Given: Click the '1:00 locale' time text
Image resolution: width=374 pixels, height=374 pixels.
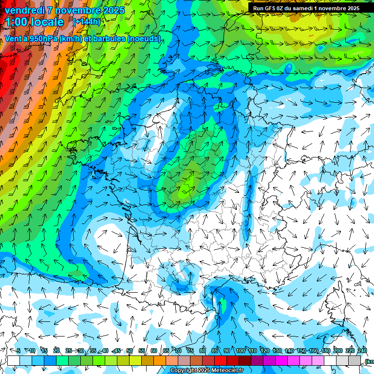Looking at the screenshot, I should click(x=34, y=22).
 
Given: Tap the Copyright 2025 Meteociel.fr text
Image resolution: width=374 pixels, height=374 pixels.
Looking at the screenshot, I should click(x=207, y=371).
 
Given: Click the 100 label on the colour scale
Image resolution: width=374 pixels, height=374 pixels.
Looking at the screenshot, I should click(x=240, y=351).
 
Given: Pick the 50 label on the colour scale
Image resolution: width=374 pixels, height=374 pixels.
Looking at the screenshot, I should click(x=130, y=351).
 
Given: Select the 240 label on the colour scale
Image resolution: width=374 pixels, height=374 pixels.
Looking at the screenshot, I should click(x=362, y=351).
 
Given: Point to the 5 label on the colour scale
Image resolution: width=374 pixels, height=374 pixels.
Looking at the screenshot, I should click(x=18, y=351).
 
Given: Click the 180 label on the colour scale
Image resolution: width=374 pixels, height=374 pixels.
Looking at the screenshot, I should click(x=325, y=351).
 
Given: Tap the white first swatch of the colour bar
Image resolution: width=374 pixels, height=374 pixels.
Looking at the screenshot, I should click(x=14, y=360).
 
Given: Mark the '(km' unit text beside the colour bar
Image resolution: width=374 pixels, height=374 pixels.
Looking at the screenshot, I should click(x=369, y=361).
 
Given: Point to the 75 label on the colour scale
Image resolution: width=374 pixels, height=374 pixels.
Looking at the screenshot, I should click(x=190, y=351).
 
